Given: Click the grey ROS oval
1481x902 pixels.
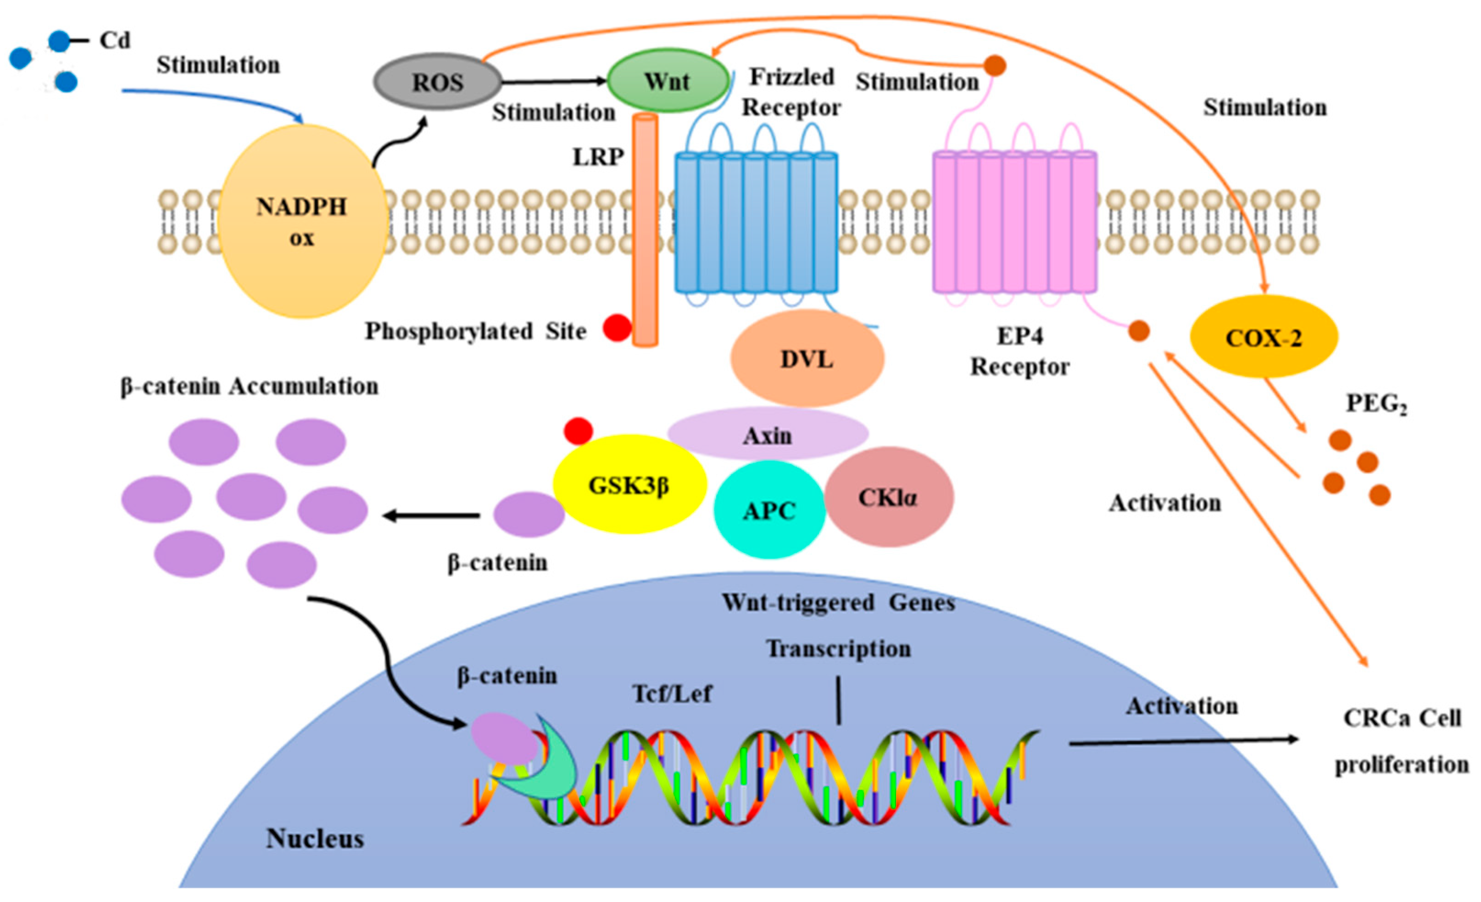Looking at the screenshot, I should (x=438, y=82).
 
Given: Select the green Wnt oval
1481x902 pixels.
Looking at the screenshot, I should (x=667, y=81).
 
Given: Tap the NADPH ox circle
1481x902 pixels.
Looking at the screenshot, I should (x=302, y=221).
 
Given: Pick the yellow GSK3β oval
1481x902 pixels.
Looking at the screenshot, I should (x=629, y=485).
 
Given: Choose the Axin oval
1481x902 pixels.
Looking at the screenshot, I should (x=768, y=434).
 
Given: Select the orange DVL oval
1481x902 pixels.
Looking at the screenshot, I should (x=807, y=359).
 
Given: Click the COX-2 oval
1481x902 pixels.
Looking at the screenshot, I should (x=1264, y=338).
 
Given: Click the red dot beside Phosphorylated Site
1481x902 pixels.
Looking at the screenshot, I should (x=617, y=328).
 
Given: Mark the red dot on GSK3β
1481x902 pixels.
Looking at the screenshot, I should (x=578, y=431).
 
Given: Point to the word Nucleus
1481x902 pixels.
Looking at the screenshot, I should (x=315, y=838).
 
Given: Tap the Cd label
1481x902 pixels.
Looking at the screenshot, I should (x=114, y=41).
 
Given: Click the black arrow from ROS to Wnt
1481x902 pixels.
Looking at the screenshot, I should (x=553, y=81).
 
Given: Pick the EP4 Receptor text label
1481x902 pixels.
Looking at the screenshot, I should (x=1020, y=351).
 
